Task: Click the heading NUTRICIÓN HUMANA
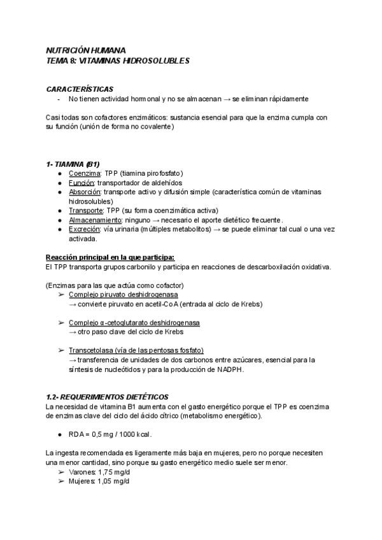[x=86, y=50]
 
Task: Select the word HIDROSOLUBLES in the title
[x=159, y=60]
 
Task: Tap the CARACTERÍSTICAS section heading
[x=80, y=89]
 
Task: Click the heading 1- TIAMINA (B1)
[x=73, y=164]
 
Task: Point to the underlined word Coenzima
[x=85, y=173]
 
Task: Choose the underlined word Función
[x=83, y=182]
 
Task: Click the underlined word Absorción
[x=85, y=192]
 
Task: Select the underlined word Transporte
[x=85, y=210]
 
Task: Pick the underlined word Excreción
[x=85, y=229]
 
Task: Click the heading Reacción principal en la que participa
[x=110, y=257]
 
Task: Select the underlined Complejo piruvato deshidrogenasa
[x=123, y=295]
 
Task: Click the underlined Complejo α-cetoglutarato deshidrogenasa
[x=134, y=323]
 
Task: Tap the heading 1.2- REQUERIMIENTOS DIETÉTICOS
[x=108, y=397]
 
